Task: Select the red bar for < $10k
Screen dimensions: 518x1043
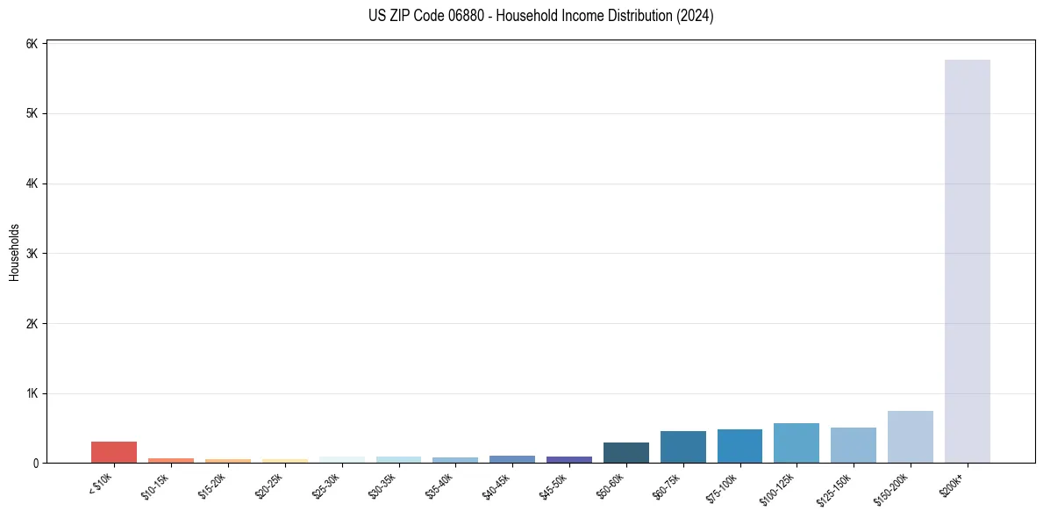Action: pyautogui.click(x=114, y=452)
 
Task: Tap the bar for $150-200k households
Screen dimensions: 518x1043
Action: pyautogui.click(x=910, y=436)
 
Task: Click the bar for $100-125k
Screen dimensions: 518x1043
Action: pyautogui.click(x=797, y=442)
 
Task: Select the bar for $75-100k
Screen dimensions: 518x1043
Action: pyautogui.click(x=739, y=446)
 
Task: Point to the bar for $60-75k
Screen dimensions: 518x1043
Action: pyautogui.click(x=682, y=447)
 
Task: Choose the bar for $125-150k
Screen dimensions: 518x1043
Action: pyautogui.click(x=853, y=445)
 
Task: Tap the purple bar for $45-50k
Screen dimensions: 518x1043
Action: pyautogui.click(x=569, y=459)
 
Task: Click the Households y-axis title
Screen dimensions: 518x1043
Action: pyautogui.click(x=15, y=252)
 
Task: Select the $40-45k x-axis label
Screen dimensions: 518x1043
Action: pyautogui.click(x=496, y=485)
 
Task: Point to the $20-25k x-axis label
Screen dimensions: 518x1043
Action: pyautogui.click(x=269, y=485)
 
